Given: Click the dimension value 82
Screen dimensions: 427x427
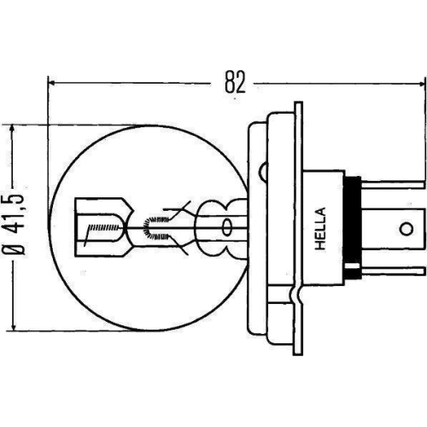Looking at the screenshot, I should [x=236, y=83].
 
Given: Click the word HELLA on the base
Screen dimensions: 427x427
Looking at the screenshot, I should [x=321, y=228].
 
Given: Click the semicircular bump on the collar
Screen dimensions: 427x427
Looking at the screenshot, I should [x=295, y=299].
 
